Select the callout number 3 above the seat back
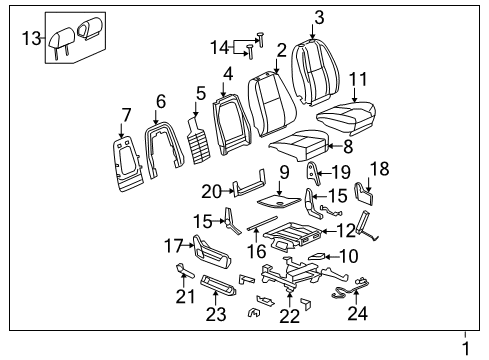click(318, 17)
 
